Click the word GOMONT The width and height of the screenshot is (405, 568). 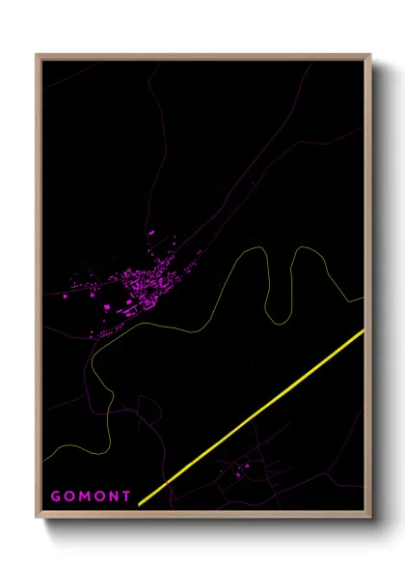pos(91,497)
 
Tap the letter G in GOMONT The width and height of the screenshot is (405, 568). pos(56,497)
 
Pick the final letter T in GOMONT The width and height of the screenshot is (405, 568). pos(126,497)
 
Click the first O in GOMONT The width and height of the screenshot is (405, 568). pos(69,497)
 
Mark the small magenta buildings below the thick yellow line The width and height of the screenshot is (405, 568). pos(239,470)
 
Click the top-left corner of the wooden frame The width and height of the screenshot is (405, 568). pos(38,55)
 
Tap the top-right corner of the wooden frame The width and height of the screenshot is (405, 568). pos(369,55)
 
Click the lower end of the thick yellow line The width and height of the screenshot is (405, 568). pos(141,503)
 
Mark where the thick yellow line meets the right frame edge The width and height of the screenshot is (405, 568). pos(363,331)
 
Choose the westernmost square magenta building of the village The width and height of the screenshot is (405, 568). pos(67,296)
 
